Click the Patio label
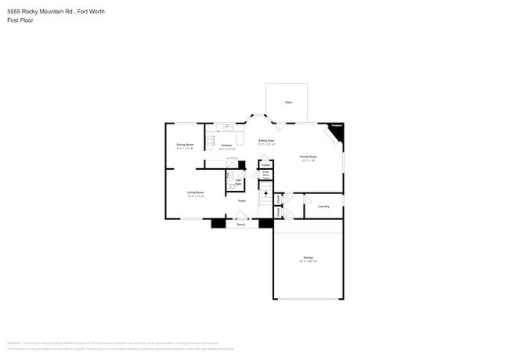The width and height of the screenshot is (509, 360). coord(288,103)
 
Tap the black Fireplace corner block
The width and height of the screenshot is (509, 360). coord(338,133)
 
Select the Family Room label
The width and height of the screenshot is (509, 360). coord(308,157)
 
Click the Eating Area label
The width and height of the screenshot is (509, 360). coord(266,141)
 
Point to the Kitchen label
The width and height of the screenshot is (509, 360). coord(226,146)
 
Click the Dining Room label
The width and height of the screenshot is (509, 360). coord(185,146)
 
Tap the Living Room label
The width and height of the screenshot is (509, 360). coord(195,193)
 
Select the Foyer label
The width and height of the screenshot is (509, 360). coord(243,201)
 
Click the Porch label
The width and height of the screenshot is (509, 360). coord(241,224)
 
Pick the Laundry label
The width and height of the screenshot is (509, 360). coord(323,207)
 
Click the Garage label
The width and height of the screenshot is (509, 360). coord(308,258)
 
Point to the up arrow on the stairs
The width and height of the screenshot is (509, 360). coord(265,195)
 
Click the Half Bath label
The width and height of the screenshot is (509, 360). coord(238,182)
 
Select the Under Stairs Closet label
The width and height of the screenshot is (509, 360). coord(265,175)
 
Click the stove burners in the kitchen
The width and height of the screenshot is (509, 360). coord(211,142)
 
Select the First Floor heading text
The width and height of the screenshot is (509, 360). coord(20,20)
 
